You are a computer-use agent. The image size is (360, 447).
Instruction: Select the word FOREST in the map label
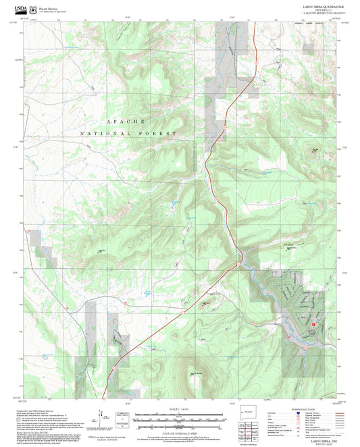point(159,134)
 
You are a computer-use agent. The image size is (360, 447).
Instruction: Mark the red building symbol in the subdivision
point(313,326)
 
